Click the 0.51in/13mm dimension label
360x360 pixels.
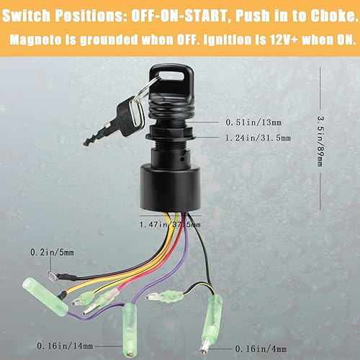tap(251, 120)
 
